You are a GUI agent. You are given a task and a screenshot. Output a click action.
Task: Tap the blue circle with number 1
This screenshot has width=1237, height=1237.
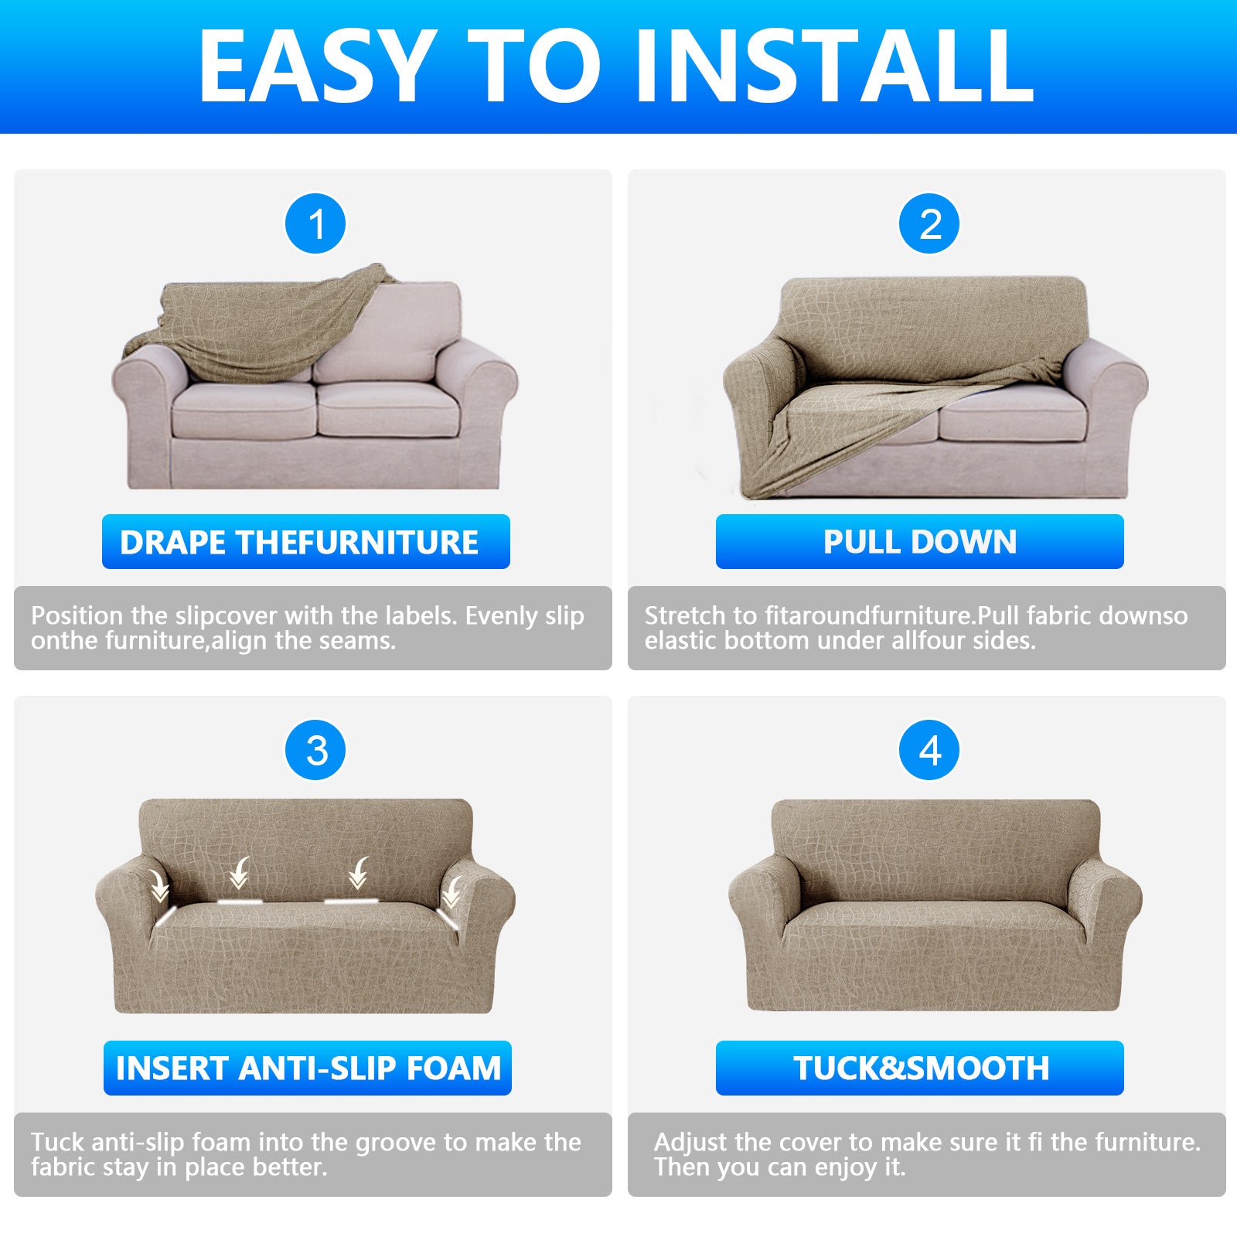pos(315,224)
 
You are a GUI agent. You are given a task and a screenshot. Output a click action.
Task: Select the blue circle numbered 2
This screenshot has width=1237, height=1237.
pos(929,224)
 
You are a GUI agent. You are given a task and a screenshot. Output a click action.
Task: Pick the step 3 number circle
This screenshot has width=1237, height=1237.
pos(315,751)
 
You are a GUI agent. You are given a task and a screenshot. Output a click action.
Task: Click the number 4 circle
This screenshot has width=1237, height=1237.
pos(929,751)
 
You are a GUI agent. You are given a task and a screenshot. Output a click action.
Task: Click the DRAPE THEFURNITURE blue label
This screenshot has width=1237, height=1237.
pos(305,542)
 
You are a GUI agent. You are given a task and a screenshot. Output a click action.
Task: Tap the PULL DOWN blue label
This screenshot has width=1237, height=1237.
pos(919,542)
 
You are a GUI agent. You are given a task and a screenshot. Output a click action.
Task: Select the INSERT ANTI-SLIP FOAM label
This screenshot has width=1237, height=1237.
pos(307,1068)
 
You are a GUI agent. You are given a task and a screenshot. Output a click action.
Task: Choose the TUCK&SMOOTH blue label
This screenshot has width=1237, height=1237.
pos(919,1068)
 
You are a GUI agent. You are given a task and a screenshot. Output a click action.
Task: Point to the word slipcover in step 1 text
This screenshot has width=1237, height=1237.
pos(226,616)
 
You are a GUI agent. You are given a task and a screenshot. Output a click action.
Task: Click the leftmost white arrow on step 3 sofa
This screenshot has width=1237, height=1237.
pos(159,885)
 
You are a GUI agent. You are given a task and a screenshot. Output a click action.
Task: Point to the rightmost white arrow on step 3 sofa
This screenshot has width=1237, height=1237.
pos(451,893)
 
